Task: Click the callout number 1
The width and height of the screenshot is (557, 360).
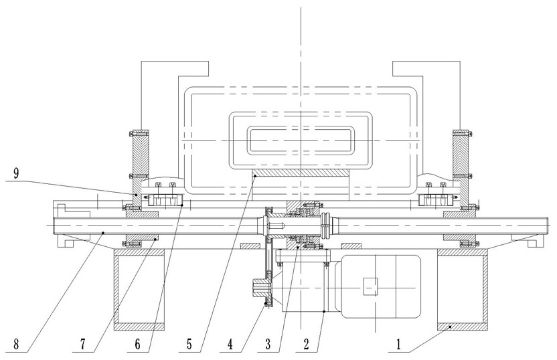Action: (398, 344)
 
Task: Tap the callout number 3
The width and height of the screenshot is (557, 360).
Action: (268, 344)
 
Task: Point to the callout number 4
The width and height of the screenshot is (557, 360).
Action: (230, 344)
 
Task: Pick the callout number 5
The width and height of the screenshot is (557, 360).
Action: (189, 344)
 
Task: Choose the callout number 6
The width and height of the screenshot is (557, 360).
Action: (137, 344)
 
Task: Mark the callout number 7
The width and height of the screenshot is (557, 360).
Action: (82, 344)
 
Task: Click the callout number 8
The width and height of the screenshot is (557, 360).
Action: (16, 344)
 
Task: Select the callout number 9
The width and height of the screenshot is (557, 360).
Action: (16, 173)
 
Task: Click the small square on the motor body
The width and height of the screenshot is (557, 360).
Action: (370, 286)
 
